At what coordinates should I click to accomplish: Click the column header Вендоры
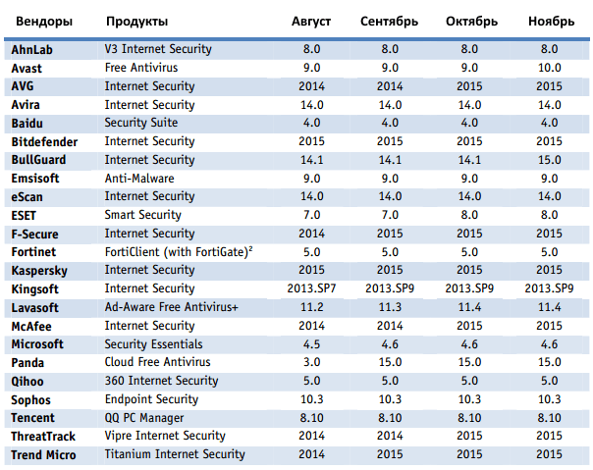40,21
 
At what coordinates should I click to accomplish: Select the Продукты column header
136,21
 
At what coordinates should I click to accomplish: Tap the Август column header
311,21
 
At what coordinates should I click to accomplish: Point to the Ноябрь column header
550,21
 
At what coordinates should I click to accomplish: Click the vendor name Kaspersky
40,270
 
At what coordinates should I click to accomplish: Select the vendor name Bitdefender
45,141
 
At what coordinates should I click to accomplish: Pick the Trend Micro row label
44,454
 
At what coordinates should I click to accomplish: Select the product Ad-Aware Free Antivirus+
172,307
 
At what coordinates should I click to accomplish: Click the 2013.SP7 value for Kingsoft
311,288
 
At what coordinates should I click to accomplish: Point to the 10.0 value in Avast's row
550,68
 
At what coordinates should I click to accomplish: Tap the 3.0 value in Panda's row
311,362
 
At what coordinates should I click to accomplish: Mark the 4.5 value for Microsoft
311,343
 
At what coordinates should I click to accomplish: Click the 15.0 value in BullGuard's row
550,160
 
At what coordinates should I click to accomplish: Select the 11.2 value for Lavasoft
311,307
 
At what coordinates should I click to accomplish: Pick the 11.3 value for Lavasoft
390,307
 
